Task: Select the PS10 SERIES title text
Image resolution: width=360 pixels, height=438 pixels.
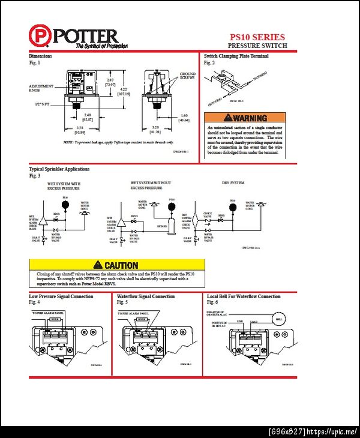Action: (x=257, y=37)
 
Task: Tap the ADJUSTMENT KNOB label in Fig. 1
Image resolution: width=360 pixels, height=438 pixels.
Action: (x=41, y=88)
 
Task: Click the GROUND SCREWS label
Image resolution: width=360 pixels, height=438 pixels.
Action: (x=187, y=76)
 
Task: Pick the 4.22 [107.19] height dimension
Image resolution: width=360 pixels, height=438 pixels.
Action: (x=124, y=92)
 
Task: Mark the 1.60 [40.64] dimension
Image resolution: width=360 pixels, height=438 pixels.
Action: (x=184, y=118)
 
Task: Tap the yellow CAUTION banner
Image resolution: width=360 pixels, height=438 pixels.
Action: (x=116, y=265)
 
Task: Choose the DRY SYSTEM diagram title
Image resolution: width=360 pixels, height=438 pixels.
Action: (x=233, y=182)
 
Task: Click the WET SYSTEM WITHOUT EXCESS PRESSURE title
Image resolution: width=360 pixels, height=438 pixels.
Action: (x=151, y=185)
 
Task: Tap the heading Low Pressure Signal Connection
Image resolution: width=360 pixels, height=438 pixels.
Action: (x=61, y=296)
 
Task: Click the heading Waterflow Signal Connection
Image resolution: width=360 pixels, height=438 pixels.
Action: (x=146, y=296)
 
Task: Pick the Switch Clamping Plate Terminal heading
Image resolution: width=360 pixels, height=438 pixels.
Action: (x=236, y=56)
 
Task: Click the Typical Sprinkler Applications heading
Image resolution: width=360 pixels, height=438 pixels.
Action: (x=59, y=169)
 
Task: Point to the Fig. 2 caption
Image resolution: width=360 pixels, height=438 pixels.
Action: (x=209, y=62)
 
